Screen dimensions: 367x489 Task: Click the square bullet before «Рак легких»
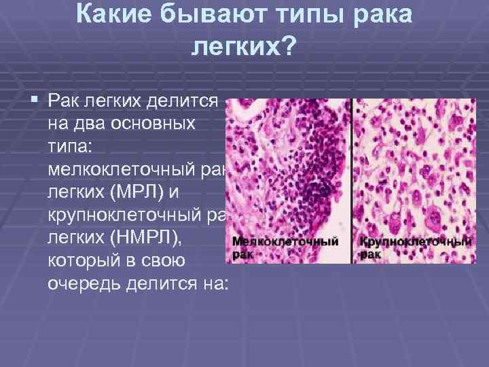click(35, 101)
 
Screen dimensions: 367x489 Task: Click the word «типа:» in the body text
click(71, 145)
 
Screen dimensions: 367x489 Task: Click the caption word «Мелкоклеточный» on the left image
click(285, 241)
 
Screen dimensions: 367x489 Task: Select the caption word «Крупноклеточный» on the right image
click(415, 241)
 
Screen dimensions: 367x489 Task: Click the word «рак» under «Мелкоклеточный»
click(242, 254)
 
